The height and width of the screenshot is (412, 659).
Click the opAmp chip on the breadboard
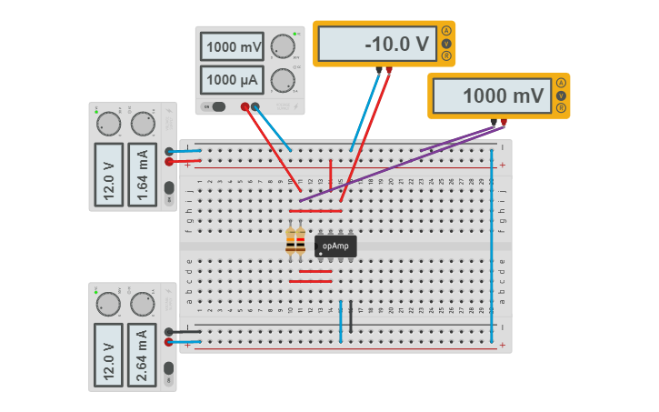click(335, 246)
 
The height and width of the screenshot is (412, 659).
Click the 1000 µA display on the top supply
click(232, 80)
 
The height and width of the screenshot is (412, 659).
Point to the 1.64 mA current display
click(141, 173)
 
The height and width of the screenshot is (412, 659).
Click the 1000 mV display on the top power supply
click(232, 47)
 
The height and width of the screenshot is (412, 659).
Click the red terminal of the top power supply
click(245, 106)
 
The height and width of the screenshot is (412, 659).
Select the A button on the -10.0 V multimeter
click(446, 31)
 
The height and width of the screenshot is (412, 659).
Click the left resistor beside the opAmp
click(291, 241)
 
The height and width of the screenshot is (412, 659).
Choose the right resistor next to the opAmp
click(301, 241)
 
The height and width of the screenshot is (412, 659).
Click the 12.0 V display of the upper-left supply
click(108, 173)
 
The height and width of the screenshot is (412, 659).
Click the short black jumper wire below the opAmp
click(351, 316)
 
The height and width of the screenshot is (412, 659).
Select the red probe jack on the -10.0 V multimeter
click(389, 68)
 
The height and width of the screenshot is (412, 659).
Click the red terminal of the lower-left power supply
click(169, 342)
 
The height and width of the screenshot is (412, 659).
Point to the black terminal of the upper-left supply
click(169, 151)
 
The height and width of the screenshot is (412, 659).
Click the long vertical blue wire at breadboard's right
click(492, 246)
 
